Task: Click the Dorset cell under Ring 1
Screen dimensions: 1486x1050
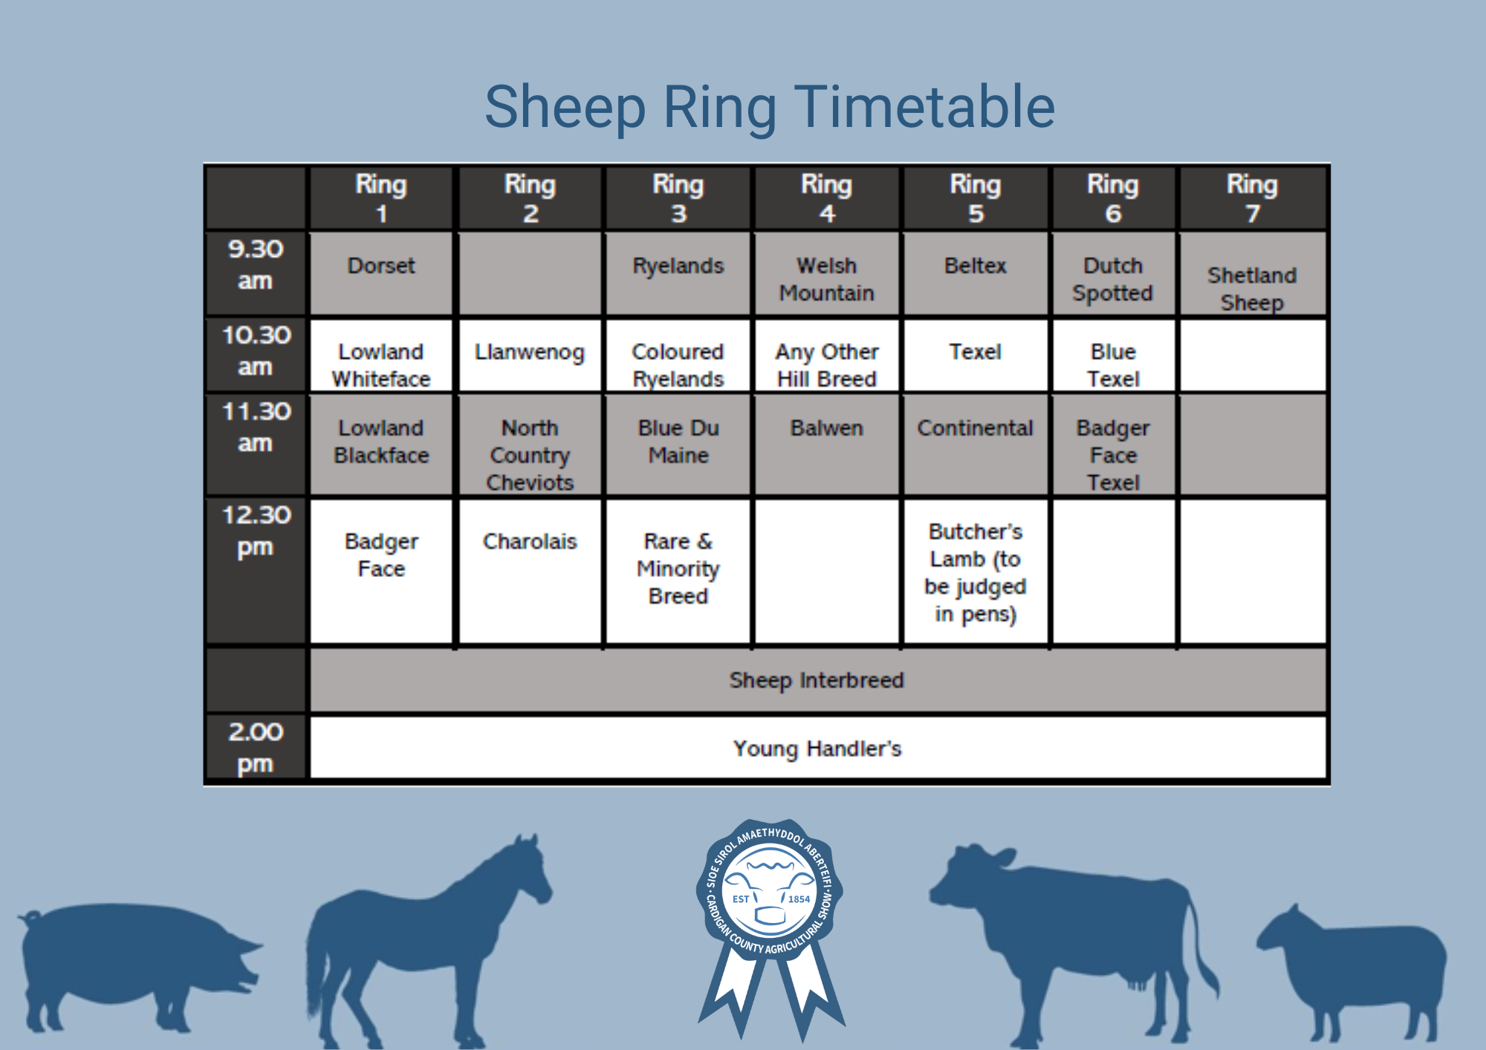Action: pyautogui.click(x=381, y=273)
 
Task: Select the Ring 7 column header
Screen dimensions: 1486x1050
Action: pyautogui.click(x=1252, y=198)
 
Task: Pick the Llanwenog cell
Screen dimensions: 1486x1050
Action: pyautogui.click(x=530, y=355)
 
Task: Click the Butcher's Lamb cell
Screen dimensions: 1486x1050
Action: pyautogui.click(x=976, y=571)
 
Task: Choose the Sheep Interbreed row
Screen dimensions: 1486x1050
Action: pyautogui.click(x=817, y=680)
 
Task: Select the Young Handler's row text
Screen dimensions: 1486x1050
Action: pyautogui.click(x=817, y=749)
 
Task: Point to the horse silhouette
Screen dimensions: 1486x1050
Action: pyautogui.click(x=427, y=943)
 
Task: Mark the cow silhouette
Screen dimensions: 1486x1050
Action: pyautogui.click(x=1070, y=943)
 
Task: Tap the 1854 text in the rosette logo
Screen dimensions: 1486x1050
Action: pyautogui.click(x=799, y=899)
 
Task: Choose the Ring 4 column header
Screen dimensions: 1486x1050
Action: pyautogui.click(x=827, y=198)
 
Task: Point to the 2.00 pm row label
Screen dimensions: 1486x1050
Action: pyautogui.click(x=255, y=748)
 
